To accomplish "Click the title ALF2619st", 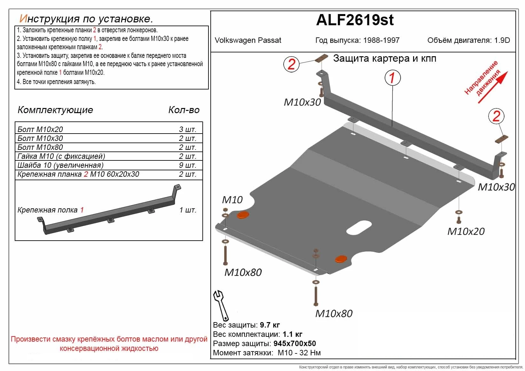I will [x=355, y=20].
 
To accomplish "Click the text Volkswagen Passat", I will [x=248, y=40].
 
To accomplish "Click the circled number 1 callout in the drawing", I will [x=392, y=78].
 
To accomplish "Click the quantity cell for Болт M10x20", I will [x=187, y=129].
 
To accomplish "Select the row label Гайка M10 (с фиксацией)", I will [x=61, y=156].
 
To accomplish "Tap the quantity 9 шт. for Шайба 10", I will [x=187, y=165].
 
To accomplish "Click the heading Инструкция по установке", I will [x=86, y=19].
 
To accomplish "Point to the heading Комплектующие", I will [x=55, y=110].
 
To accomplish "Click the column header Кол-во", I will [x=184, y=110].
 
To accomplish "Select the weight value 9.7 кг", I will [x=270, y=325].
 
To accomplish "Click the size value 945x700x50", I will [x=294, y=344].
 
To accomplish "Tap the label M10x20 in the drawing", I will [x=466, y=231].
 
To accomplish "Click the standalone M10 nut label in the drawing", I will [x=232, y=200].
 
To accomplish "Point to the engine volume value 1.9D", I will [x=502, y=40].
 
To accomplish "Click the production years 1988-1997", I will [x=381, y=40].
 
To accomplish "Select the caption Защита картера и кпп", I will [x=385, y=58].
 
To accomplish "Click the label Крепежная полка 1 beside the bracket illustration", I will [x=51, y=210].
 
